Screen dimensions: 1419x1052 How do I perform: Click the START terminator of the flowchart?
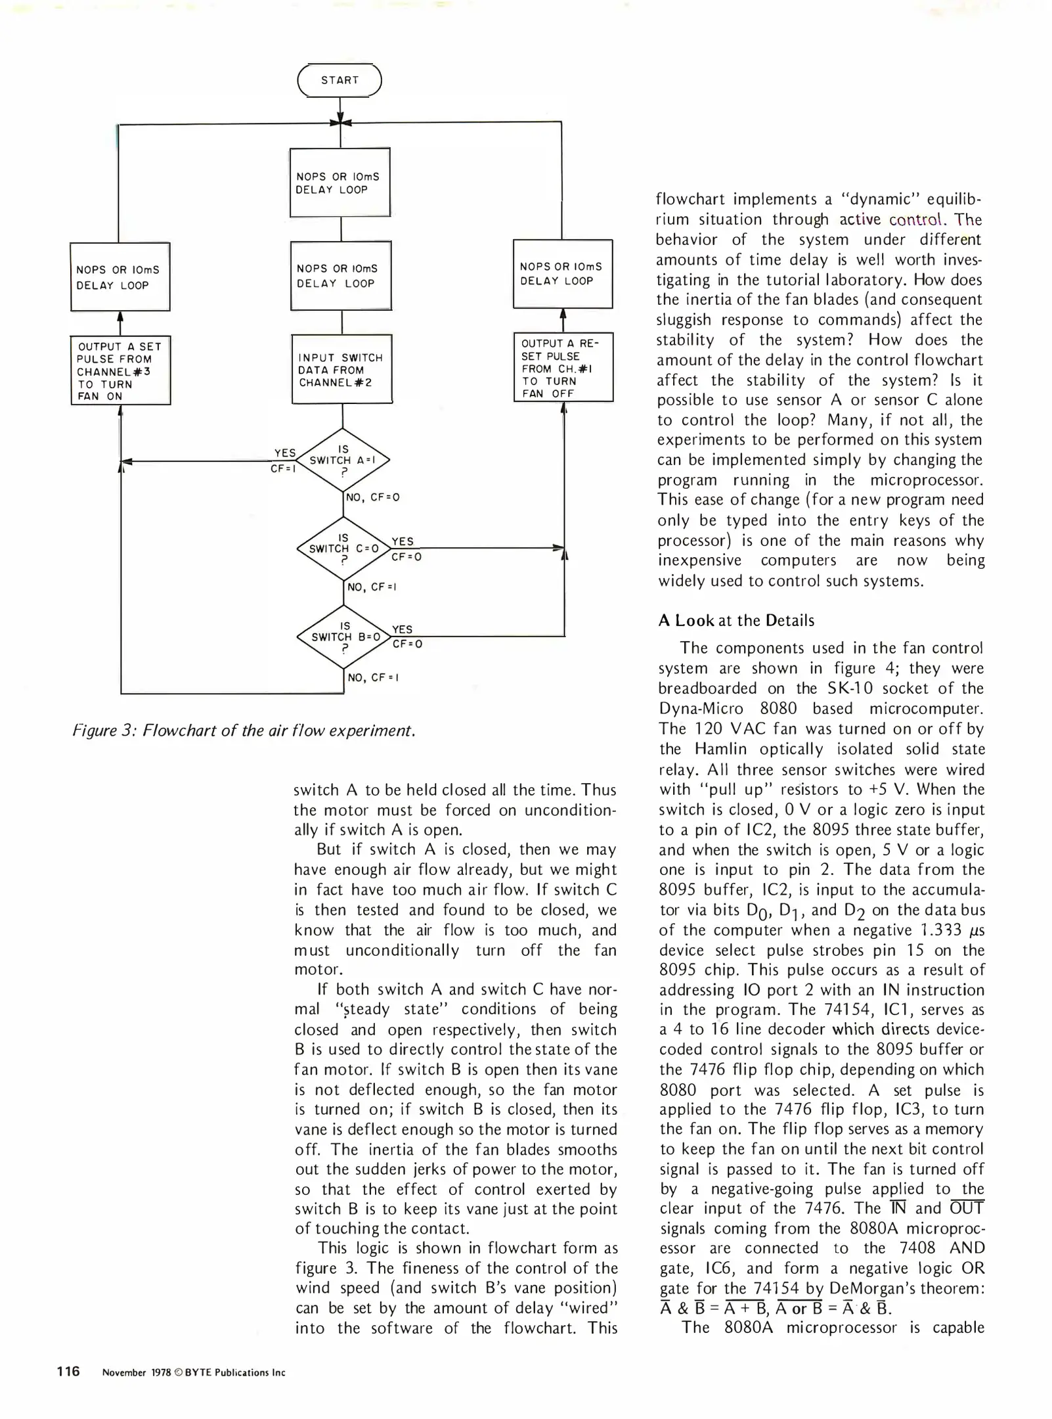point(340,81)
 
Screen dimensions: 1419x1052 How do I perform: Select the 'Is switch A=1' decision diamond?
point(343,460)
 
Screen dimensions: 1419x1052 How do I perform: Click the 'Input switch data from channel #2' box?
point(341,369)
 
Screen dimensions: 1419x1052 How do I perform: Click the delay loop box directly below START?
point(340,183)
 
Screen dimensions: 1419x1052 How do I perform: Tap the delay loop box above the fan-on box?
point(120,277)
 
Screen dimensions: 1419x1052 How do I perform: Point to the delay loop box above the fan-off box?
point(563,273)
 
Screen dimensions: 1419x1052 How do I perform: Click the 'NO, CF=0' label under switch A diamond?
point(373,498)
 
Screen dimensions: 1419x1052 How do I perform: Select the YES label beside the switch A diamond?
point(285,453)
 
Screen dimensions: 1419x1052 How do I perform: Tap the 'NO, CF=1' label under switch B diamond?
point(373,677)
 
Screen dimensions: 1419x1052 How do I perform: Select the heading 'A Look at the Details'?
point(736,621)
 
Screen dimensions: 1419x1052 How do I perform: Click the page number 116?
point(68,1371)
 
